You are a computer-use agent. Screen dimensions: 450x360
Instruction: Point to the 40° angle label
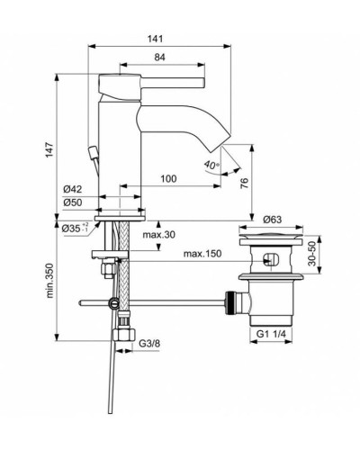(211, 166)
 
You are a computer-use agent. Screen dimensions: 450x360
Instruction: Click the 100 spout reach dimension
(168, 180)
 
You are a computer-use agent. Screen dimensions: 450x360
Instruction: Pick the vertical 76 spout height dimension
(245, 184)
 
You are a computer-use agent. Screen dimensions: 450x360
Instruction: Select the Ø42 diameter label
(73, 190)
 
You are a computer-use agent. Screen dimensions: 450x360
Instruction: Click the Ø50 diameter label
(73, 203)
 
